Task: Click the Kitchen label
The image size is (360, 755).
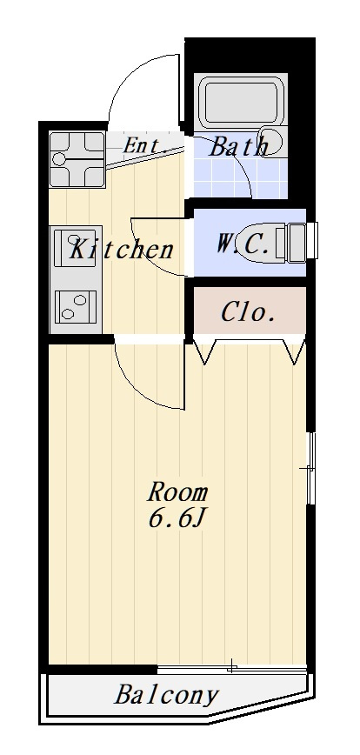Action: pos(121,250)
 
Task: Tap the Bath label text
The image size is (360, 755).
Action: pos(238,146)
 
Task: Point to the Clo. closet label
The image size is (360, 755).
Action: pos(249,312)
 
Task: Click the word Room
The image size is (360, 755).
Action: pos(177,492)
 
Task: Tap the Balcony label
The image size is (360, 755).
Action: pos(167,695)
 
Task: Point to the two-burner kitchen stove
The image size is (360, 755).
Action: pos(75,307)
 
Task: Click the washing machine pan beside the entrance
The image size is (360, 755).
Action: pos(77,159)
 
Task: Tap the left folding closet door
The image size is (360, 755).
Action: pos(205,351)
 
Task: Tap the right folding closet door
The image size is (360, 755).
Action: pos(294,351)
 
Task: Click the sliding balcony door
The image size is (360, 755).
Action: pos(232,668)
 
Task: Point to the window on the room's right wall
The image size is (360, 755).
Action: pos(311,468)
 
